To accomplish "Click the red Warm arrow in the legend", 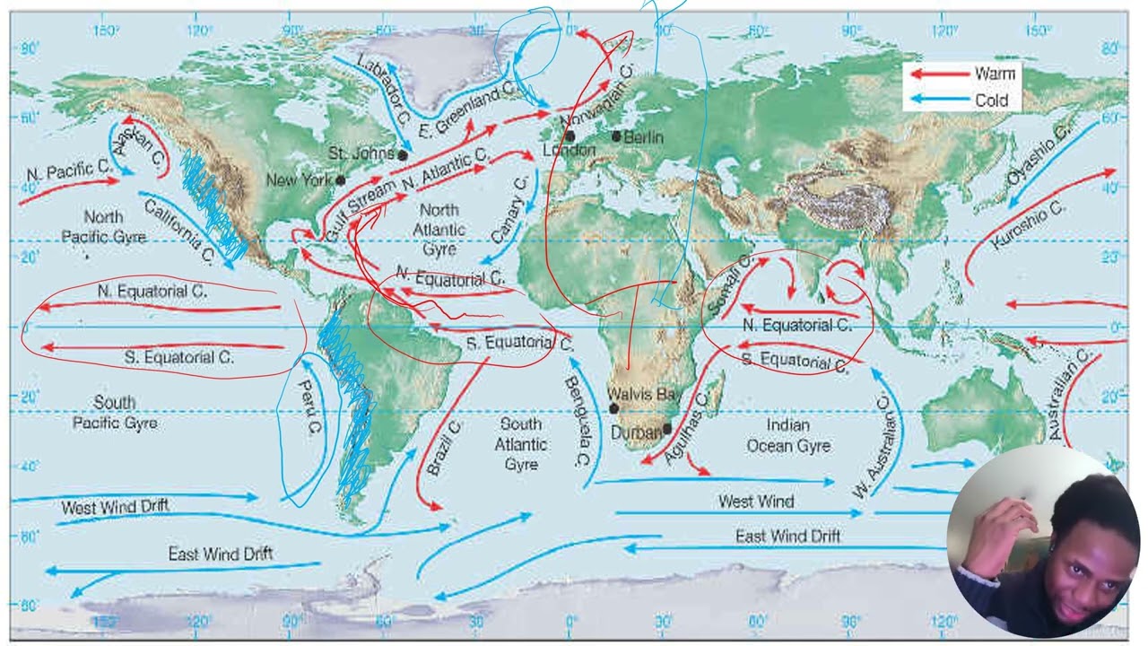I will (939, 74).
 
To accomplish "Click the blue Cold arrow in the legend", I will (939, 100).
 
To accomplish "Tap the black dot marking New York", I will (340, 179).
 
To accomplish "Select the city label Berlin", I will (643, 137).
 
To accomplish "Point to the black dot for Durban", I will (667, 429).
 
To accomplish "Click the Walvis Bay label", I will (644, 394).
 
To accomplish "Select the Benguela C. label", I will (578, 422).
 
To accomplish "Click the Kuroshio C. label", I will (1028, 225).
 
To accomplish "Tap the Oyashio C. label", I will (1039, 158).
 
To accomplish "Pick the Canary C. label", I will (509, 210).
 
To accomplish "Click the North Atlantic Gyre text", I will (439, 229).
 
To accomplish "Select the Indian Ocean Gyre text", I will (788, 434).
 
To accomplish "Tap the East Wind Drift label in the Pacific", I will (221, 554).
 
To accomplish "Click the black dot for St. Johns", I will (403, 155).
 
